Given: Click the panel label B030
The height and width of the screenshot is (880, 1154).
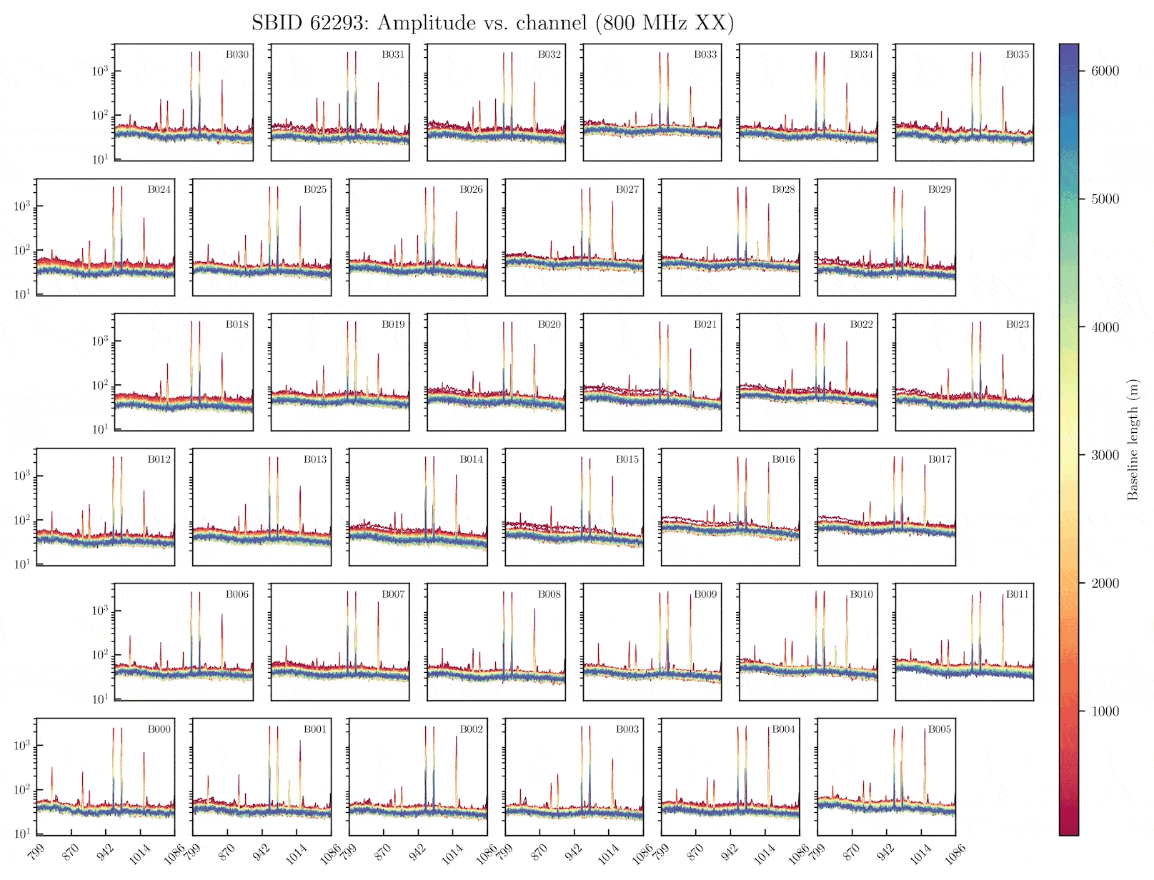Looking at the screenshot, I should (x=237, y=54).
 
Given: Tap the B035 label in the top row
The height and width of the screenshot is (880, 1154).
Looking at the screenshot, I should (x=1018, y=54).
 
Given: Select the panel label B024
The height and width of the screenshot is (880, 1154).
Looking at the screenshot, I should (x=159, y=189).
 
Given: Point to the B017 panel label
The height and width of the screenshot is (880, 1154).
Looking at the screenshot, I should (x=940, y=459).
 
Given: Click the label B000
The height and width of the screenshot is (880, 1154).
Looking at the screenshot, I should (x=159, y=729).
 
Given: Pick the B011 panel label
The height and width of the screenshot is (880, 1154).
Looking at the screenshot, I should (x=1018, y=594).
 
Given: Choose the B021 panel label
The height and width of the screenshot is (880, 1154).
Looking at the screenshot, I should (x=705, y=324).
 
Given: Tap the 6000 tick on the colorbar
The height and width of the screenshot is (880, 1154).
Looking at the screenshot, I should (x=1105, y=71).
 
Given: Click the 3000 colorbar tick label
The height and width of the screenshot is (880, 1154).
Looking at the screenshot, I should (x=1105, y=455).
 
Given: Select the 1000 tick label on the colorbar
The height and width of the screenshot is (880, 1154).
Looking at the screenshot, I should (x=1105, y=711).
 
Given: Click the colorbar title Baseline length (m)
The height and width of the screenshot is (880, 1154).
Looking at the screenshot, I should (x=1133, y=439).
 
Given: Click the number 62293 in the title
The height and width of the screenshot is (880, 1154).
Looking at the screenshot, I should (x=337, y=23).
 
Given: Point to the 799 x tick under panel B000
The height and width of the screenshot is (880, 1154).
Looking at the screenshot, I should (x=36, y=852).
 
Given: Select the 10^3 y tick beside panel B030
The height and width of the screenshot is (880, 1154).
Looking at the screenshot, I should (x=99, y=71).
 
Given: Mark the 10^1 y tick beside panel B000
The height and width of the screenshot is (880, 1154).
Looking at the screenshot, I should (x=21, y=834).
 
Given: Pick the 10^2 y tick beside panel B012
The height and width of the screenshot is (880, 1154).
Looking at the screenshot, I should (x=21, y=520).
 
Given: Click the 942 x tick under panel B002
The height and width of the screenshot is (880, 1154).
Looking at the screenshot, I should (x=417, y=852).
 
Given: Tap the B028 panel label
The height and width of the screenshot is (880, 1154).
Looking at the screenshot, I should (x=783, y=189).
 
